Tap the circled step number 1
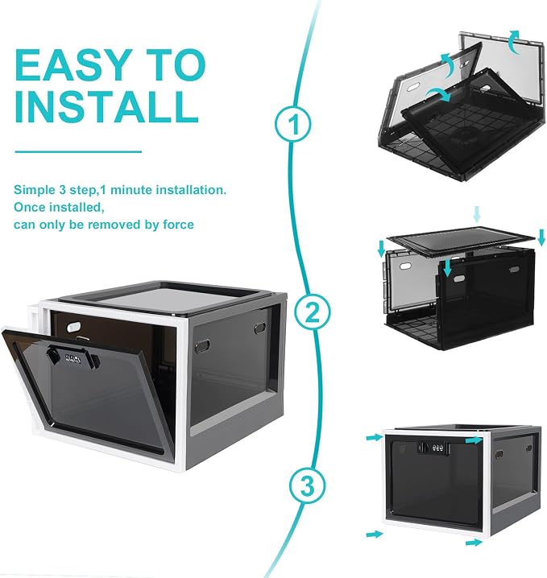[293, 124]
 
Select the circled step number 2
[312, 312]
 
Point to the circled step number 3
[307, 486]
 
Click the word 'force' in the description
[178, 225]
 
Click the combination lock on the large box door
[73, 359]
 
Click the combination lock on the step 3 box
[433, 448]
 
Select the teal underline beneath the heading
[78, 151]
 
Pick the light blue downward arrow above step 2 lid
[477, 215]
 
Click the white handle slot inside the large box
[74, 327]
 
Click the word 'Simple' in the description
[35, 190]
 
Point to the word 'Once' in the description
[30, 207]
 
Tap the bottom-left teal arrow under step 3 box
[375, 535]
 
